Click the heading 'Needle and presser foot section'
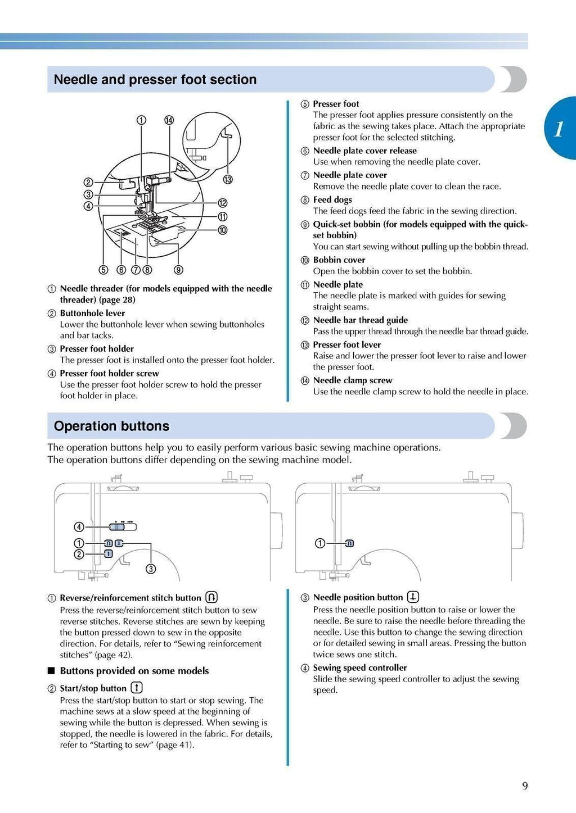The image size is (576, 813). click(x=155, y=80)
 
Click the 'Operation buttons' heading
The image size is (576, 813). click(x=111, y=426)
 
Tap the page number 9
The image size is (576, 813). click(x=525, y=786)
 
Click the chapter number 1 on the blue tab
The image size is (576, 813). click(x=558, y=129)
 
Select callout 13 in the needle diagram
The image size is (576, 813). click(x=227, y=180)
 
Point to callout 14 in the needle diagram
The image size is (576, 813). click(x=169, y=120)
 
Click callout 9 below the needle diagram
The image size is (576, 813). click(x=178, y=270)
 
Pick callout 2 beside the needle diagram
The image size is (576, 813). click(x=88, y=182)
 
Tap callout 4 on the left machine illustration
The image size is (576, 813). click(x=79, y=527)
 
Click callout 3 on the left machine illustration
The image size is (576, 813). click(x=151, y=569)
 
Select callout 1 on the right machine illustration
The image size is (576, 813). click(x=319, y=543)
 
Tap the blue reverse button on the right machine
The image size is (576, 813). click(x=349, y=543)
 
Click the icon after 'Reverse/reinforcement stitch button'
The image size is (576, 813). click(x=211, y=597)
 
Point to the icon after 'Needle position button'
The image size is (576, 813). click(x=413, y=597)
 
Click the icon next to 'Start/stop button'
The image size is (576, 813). click(x=137, y=688)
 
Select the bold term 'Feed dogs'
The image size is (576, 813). click(x=332, y=200)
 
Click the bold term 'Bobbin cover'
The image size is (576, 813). click(x=339, y=260)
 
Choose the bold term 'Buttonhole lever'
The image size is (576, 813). click(x=92, y=314)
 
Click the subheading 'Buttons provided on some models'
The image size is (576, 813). click(x=134, y=671)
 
